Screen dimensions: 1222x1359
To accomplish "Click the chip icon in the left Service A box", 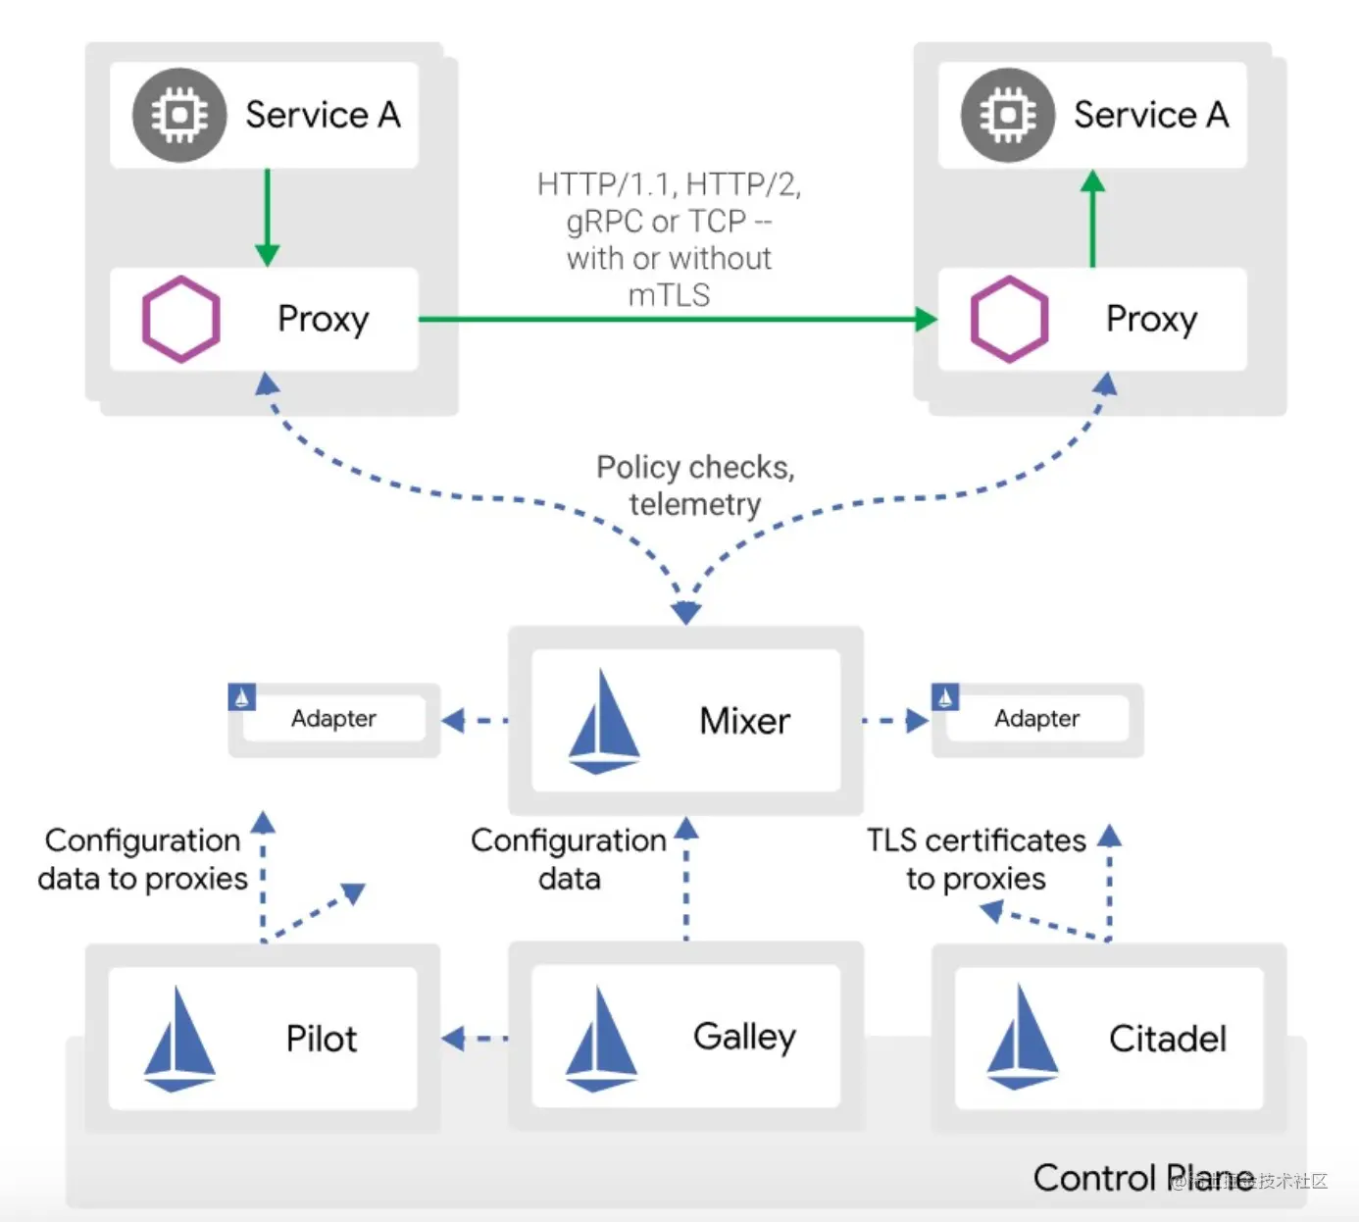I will click(x=179, y=115).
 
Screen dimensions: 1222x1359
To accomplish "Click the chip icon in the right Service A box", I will click(x=1007, y=115).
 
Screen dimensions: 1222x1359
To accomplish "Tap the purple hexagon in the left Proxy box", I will click(x=180, y=320).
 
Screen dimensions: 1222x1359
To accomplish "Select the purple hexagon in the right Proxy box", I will click(x=1009, y=320).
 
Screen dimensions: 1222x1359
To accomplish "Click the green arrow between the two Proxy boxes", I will click(x=677, y=319).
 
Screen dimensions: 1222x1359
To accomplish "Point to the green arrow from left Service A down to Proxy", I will click(x=267, y=217).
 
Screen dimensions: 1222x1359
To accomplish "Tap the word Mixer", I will click(x=744, y=721).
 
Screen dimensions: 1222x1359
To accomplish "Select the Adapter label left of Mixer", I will click(x=333, y=719).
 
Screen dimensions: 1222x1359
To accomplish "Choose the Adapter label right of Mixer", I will click(x=1036, y=719).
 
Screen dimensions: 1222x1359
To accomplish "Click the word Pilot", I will click(x=321, y=1039).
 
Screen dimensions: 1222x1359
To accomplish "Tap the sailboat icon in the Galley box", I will click(x=601, y=1040).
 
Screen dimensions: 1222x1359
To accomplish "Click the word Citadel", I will click(x=1167, y=1039).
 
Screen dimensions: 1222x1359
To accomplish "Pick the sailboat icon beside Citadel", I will click(x=1022, y=1038).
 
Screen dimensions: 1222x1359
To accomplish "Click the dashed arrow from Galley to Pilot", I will click(x=476, y=1039).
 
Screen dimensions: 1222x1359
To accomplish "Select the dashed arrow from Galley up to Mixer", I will click(x=686, y=878).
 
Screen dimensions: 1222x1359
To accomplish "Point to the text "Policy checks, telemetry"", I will click(x=695, y=485).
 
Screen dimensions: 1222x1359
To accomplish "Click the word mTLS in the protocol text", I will click(x=669, y=295).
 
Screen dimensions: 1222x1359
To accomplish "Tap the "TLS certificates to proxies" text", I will click(x=977, y=859).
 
